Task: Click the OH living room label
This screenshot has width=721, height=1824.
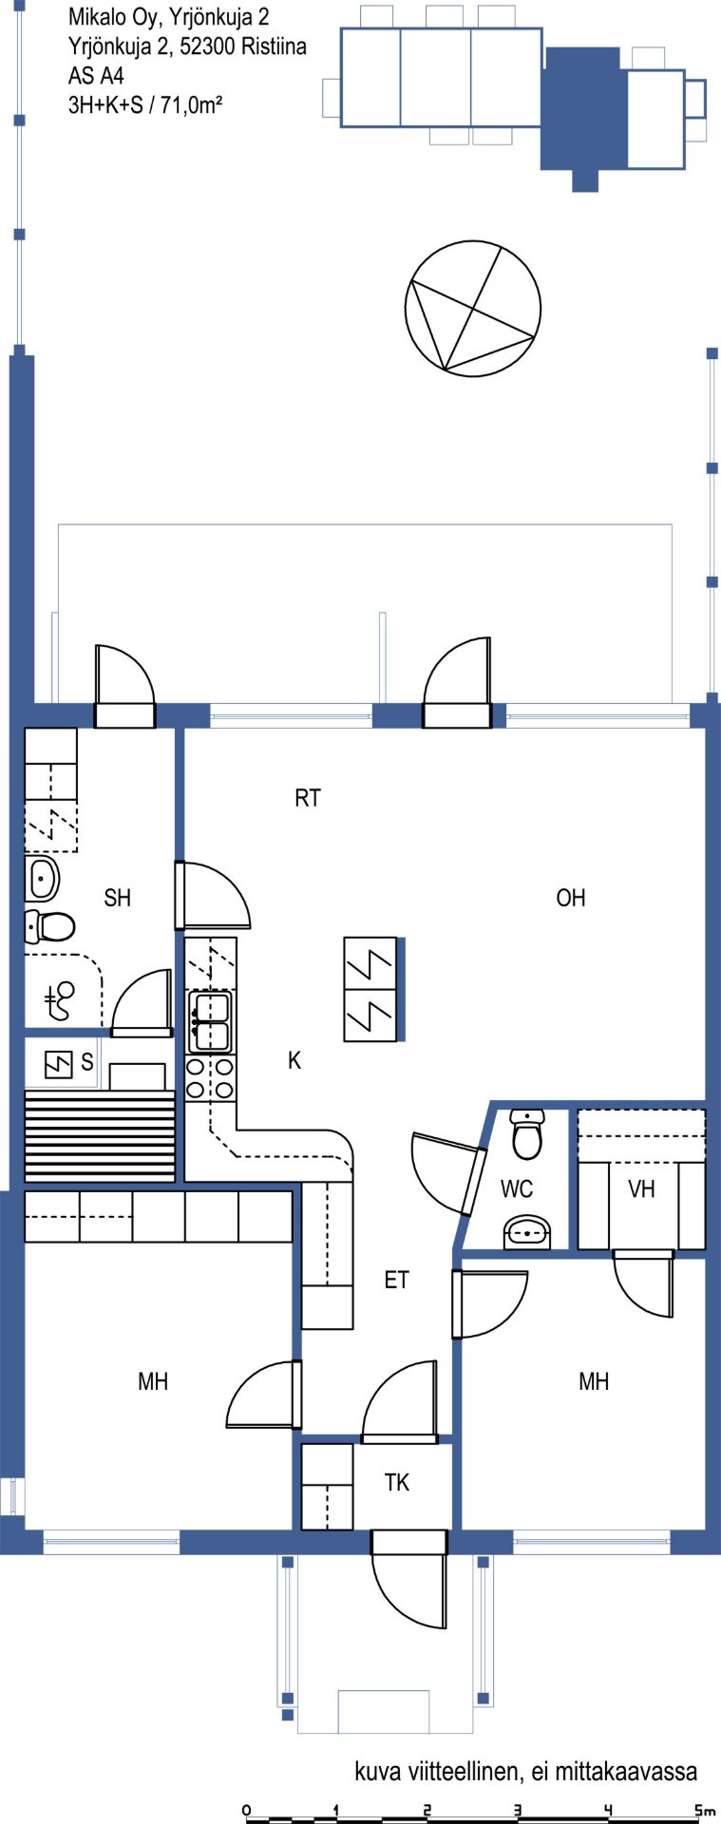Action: pyautogui.click(x=571, y=898)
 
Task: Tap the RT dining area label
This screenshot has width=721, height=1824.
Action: pyautogui.click(x=308, y=798)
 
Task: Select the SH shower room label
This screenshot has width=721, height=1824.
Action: pyautogui.click(x=118, y=898)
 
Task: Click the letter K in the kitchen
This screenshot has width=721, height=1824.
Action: pyautogui.click(x=294, y=1060)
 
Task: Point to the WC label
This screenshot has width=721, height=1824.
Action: pyautogui.click(x=517, y=1188)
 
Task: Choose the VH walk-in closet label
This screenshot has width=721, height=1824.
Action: pyautogui.click(x=642, y=1188)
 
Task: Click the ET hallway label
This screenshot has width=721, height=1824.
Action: pyautogui.click(x=396, y=1280)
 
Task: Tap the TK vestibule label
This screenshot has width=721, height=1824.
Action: pyautogui.click(x=397, y=1482)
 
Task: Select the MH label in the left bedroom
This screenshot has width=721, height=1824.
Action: pyautogui.click(x=153, y=1381)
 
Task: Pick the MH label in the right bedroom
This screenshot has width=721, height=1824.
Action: pyautogui.click(x=594, y=1381)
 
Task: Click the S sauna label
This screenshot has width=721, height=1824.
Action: pyautogui.click(x=87, y=1062)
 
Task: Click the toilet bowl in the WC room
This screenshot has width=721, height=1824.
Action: pyautogui.click(x=526, y=1133)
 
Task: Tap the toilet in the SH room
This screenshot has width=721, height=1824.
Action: pyautogui.click(x=49, y=925)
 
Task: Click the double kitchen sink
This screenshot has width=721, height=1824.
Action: pyautogui.click(x=210, y=1021)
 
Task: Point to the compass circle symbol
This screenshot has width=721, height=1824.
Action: pyautogui.click(x=473, y=309)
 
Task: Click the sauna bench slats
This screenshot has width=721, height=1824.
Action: pyautogui.click(x=100, y=1135)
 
